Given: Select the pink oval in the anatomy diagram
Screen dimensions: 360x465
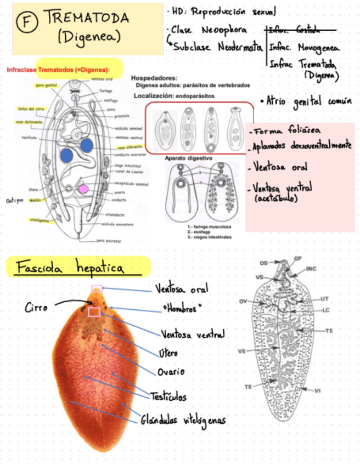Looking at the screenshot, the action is coord(83,189).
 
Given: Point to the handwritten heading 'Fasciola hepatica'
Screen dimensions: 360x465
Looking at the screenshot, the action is coord(70,269).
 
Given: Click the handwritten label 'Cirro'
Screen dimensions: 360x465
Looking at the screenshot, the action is coord(37,308).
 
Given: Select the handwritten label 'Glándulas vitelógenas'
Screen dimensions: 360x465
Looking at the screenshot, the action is coord(183,421).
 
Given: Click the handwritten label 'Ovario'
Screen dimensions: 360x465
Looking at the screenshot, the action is coord(171,372).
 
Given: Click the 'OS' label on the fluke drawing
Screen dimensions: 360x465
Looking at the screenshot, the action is coord(264,263).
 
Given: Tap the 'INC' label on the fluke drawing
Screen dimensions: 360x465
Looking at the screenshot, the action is coord(312,269).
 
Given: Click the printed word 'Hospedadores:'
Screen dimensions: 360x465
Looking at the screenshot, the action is coord(154,78).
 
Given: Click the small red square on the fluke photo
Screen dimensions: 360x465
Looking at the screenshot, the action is coord(94,312).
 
